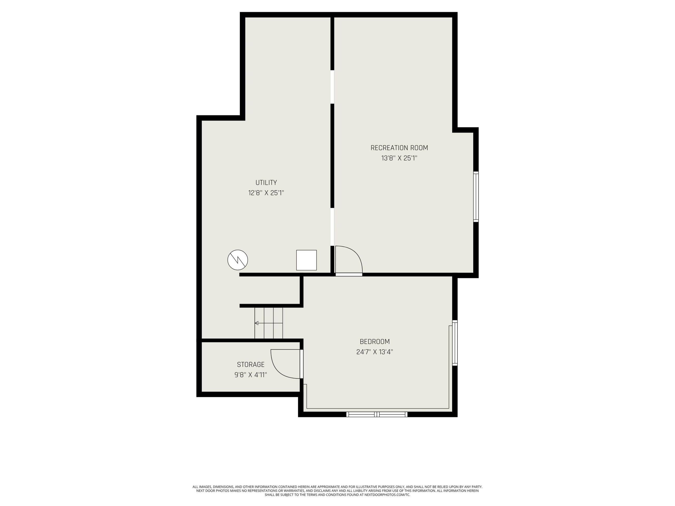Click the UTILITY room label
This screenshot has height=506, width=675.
266,183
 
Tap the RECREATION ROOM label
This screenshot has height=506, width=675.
399,148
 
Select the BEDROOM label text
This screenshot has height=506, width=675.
375,342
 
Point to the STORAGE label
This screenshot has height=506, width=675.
250,364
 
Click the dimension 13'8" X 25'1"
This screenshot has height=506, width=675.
399,158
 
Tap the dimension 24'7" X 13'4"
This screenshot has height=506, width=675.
375,352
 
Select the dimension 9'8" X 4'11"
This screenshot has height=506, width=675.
250,375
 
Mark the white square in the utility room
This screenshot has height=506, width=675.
306,260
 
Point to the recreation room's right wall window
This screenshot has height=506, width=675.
476,196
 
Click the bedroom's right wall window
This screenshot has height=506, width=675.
455,343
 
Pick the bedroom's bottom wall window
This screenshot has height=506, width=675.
377,414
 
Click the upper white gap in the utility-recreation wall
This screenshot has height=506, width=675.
332,87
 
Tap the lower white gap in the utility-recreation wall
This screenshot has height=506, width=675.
332,227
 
